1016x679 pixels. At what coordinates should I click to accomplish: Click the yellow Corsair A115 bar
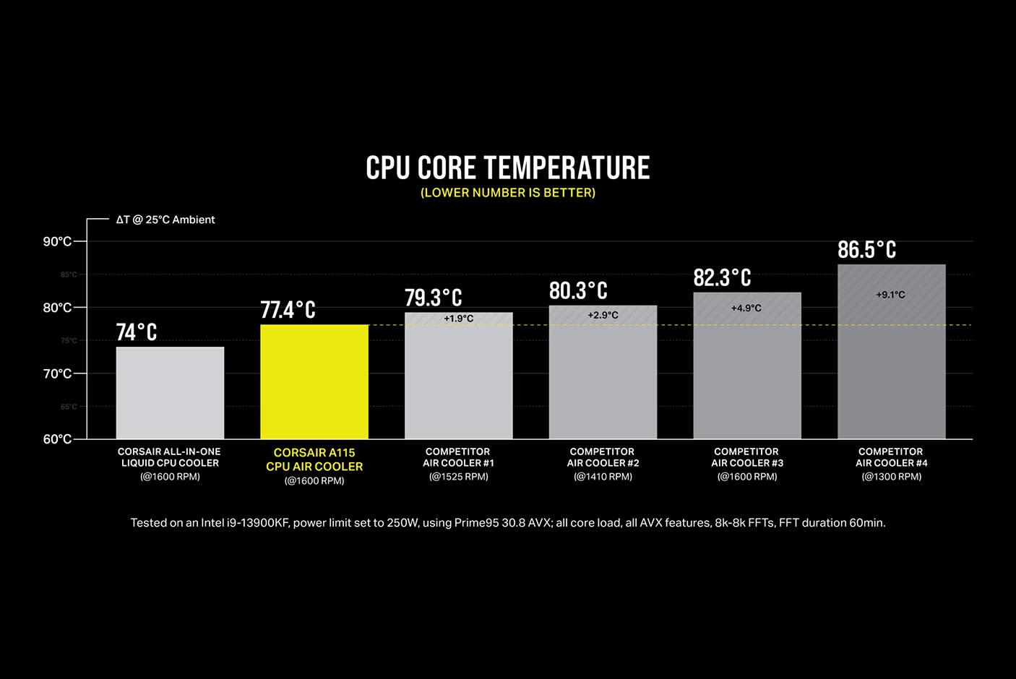click(314, 381)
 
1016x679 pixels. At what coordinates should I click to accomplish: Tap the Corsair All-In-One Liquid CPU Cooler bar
click(170, 393)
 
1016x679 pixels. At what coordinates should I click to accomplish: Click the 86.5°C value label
click(866, 250)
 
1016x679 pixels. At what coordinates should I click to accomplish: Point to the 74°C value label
click(137, 332)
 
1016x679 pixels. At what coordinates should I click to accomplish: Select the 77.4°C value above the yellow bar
click(288, 310)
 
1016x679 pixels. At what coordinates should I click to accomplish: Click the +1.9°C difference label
click(459, 319)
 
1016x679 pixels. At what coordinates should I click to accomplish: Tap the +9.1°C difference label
click(890, 295)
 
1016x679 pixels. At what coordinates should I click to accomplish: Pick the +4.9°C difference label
click(746, 308)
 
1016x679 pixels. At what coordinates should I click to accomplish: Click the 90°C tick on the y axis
click(57, 241)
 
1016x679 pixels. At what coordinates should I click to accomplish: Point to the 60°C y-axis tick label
click(57, 439)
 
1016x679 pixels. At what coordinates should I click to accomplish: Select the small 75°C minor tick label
click(69, 340)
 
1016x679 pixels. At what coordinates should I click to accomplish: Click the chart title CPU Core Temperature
click(508, 168)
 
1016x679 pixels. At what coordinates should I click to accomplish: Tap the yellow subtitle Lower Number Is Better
click(508, 193)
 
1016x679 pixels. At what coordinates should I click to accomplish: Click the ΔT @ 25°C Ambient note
click(165, 220)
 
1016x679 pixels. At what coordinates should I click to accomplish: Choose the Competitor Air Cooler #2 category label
click(603, 457)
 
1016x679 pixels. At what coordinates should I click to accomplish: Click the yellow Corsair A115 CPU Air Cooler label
click(314, 459)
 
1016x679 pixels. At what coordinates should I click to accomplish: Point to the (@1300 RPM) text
click(891, 477)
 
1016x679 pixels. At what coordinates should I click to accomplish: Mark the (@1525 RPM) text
click(459, 477)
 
